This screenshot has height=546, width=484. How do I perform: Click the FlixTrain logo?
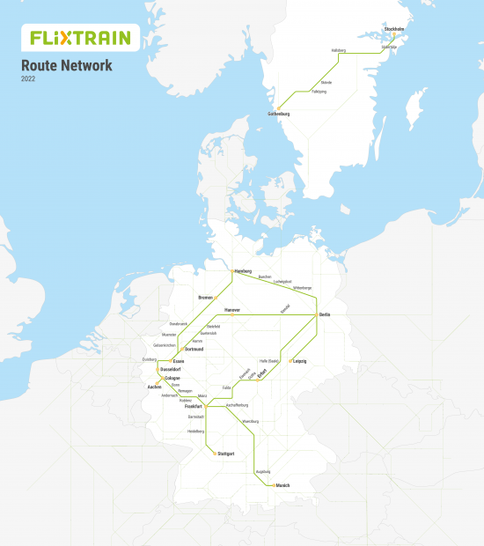click(x=79, y=38)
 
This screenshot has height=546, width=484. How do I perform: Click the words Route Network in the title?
click(x=67, y=65)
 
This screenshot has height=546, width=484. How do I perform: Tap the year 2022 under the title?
click(x=29, y=79)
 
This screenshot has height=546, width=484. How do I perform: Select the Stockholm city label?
click(x=393, y=29)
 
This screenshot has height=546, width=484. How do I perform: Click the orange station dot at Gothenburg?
click(x=279, y=109)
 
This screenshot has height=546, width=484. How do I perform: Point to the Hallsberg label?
click(x=340, y=50)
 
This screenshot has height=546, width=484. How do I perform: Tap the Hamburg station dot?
click(x=231, y=271)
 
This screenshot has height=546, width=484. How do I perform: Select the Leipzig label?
click(x=300, y=361)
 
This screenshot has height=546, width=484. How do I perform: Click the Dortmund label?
click(x=194, y=349)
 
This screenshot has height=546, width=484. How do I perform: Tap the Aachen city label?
click(x=154, y=387)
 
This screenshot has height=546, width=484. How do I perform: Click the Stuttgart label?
click(x=226, y=454)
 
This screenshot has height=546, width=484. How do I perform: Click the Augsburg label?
click(x=262, y=471)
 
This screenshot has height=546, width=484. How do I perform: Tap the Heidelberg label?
click(x=195, y=431)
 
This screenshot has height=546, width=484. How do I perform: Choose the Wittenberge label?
click(x=302, y=287)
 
